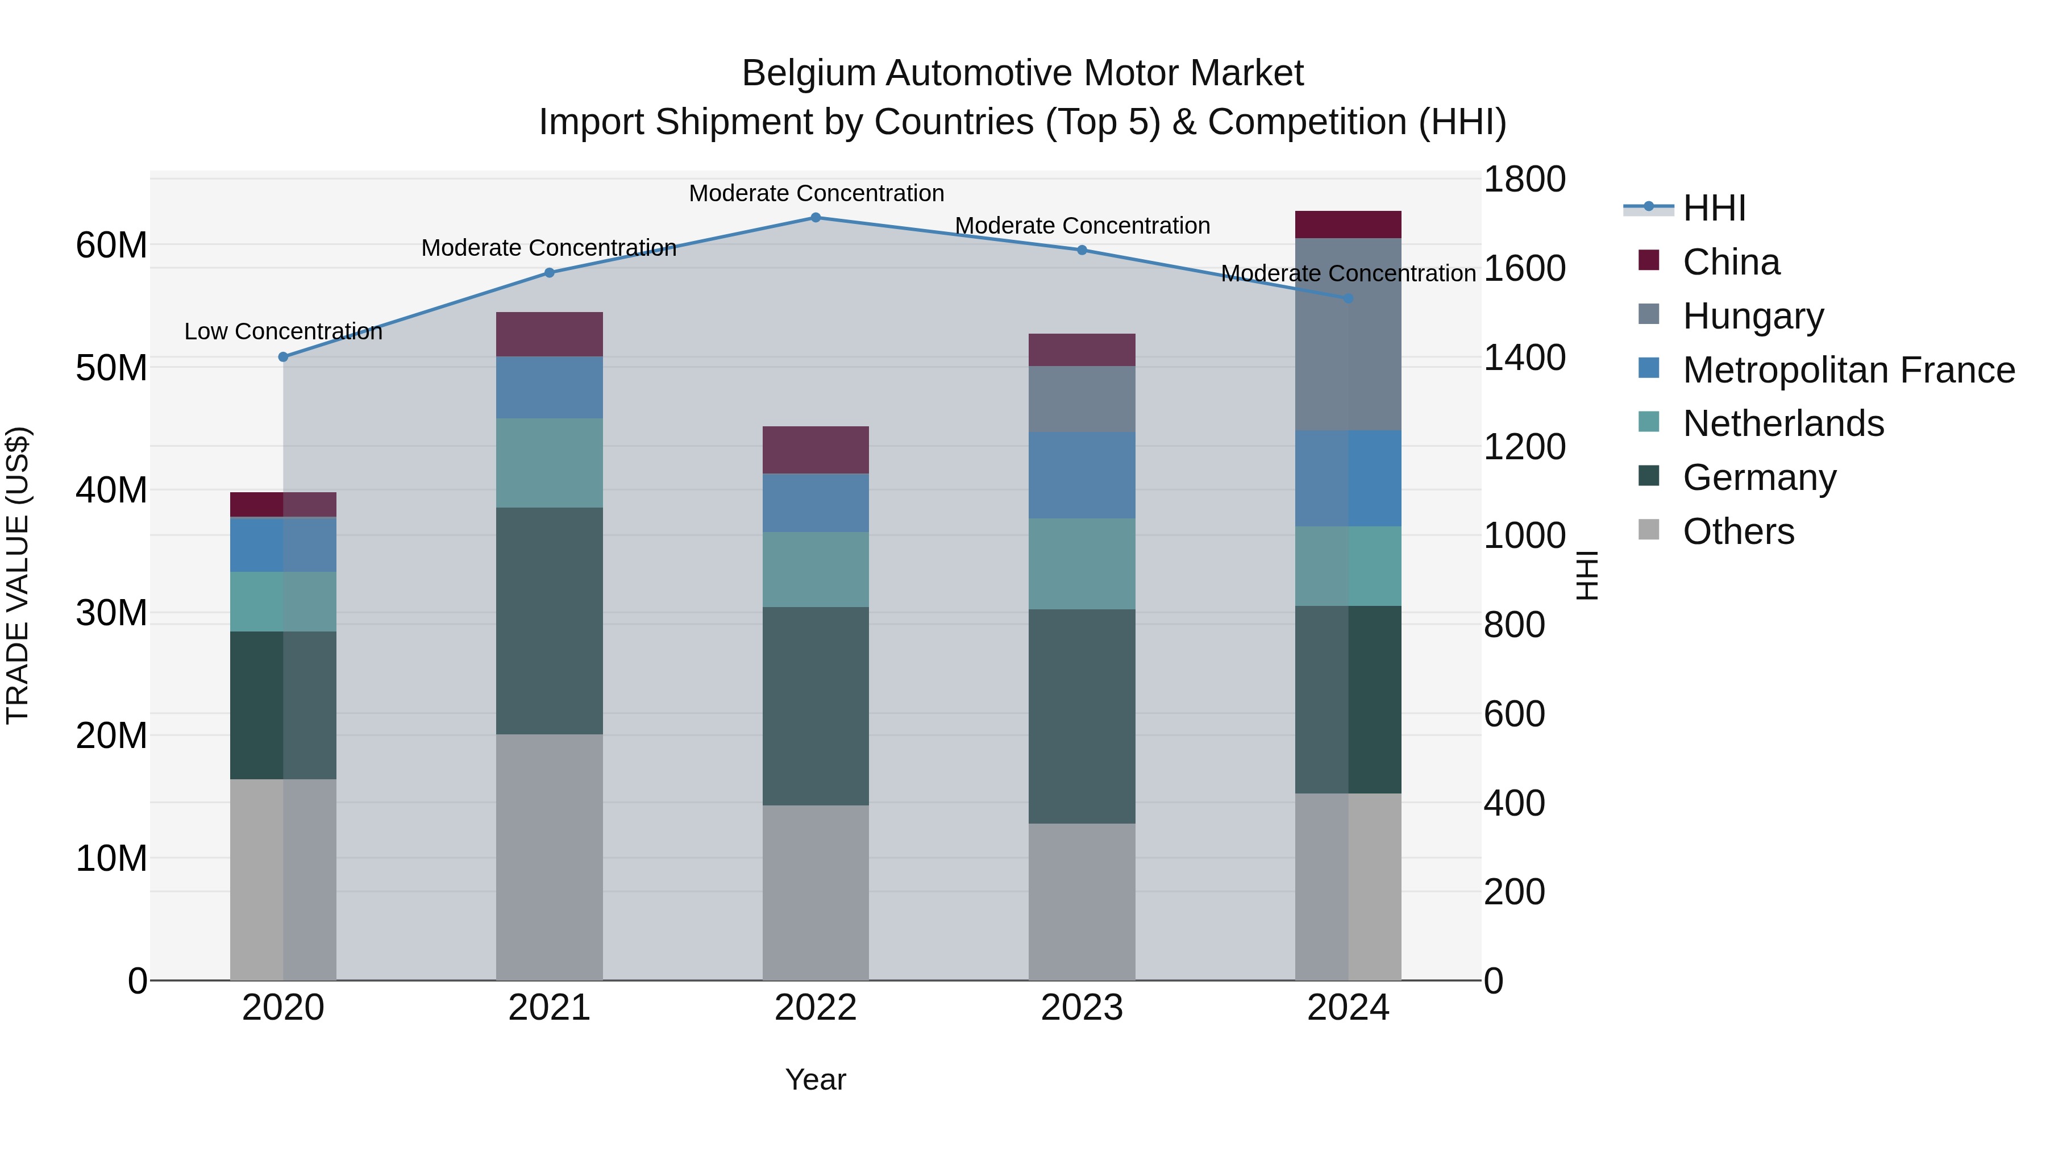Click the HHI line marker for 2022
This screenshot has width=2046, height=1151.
click(x=816, y=218)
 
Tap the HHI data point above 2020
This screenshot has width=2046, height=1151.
click(x=284, y=356)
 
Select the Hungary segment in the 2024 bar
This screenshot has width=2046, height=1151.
click(x=1348, y=334)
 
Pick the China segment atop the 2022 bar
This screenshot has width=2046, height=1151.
click(x=816, y=450)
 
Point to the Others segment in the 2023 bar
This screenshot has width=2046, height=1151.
click(x=1082, y=901)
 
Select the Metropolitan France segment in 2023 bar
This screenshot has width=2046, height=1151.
click(x=1082, y=475)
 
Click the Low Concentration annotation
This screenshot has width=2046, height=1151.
click(x=284, y=331)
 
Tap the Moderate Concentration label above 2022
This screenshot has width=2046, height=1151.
click(x=816, y=193)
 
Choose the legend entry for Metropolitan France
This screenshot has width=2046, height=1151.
click(x=1848, y=370)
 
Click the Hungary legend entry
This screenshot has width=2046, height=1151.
click(x=1753, y=316)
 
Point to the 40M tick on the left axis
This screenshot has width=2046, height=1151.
click(x=111, y=490)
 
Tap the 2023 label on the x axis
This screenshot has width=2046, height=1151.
click(x=1082, y=1008)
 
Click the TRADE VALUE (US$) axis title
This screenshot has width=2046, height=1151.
click(x=18, y=575)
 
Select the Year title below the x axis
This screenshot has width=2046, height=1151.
click(x=816, y=1079)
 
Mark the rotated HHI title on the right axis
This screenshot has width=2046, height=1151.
click(x=1586, y=575)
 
